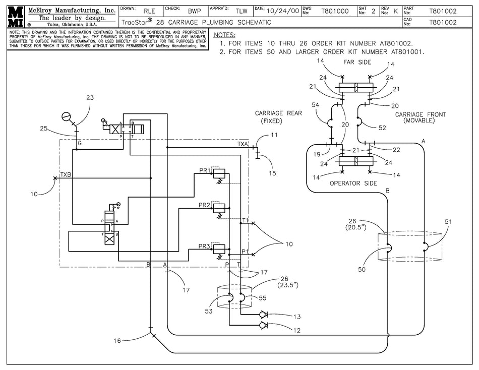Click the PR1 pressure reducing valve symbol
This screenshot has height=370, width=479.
point(219,173)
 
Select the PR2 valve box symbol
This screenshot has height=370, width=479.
point(219,208)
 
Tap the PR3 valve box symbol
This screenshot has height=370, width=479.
point(219,250)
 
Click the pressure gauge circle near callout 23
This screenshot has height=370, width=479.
point(66,117)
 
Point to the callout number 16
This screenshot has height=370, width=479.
point(117,340)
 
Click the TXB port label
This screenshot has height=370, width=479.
point(66,175)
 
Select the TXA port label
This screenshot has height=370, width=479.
point(243,144)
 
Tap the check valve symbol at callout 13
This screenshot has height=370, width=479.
point(263,315)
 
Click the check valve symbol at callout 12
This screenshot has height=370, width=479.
point(263,325)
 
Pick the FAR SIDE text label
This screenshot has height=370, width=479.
point(357,63)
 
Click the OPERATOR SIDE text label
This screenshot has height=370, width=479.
point(353,183)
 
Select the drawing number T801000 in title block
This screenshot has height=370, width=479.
point(335,11)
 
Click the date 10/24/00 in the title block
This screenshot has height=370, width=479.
point(282,11)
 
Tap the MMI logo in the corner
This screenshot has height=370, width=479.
point(15,17)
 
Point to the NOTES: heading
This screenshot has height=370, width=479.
point(224,35)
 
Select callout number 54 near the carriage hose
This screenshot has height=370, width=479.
point(315,105)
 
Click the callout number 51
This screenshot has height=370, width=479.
point(448,222)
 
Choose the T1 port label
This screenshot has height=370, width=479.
point(246,220)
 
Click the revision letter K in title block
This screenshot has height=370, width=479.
point(396,11)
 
